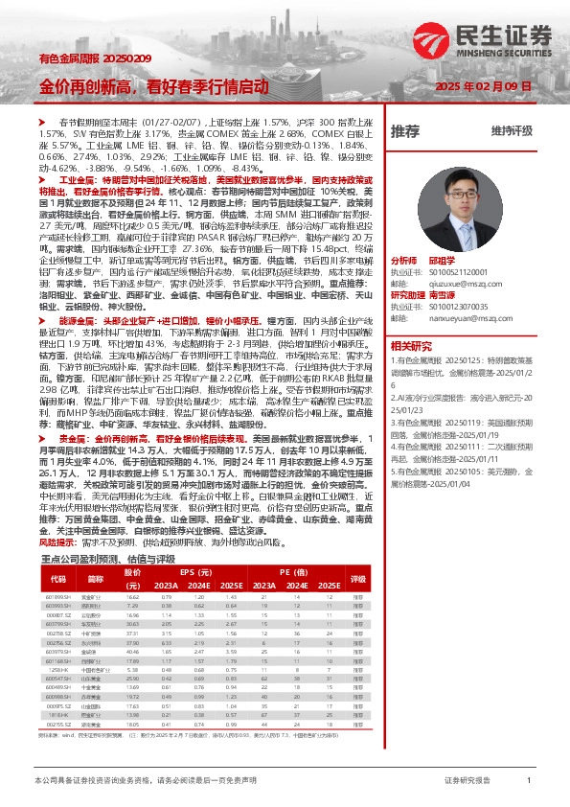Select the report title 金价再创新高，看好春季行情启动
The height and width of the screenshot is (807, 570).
pyautogui.click(x=154, y=86)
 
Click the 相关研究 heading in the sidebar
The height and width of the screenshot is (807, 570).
pyautogui.click(x=409, y=344)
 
